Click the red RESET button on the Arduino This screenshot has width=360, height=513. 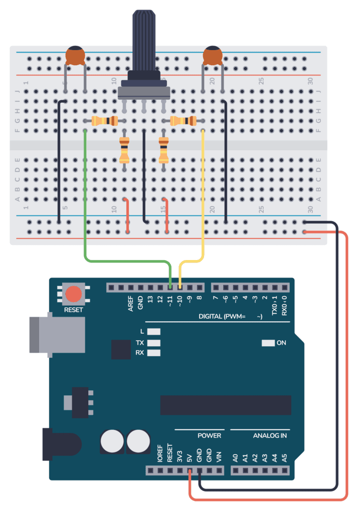click(x=74, y=294)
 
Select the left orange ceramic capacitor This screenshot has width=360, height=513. click(x=75, y=56)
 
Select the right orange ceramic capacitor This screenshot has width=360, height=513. click(x=213, y=56)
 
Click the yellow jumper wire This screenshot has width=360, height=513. click(x=203, y=200)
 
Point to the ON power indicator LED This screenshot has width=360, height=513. click(x=268, y=343)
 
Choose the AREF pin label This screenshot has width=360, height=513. click(x=130, y=304)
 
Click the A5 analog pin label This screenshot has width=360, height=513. click(x=284, y=457)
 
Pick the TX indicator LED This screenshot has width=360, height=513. click(x=154, y=343)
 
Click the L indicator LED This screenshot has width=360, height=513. click(x=154, y=332)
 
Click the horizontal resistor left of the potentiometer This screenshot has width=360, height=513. click(x=105, y=121)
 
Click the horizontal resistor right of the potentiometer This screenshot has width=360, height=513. click(x=183, y=121)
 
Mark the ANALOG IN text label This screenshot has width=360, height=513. click(x=270, y=436)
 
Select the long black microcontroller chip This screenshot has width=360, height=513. click(x=226, y=405)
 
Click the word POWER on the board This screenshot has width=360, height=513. click(x=209, y=436)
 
